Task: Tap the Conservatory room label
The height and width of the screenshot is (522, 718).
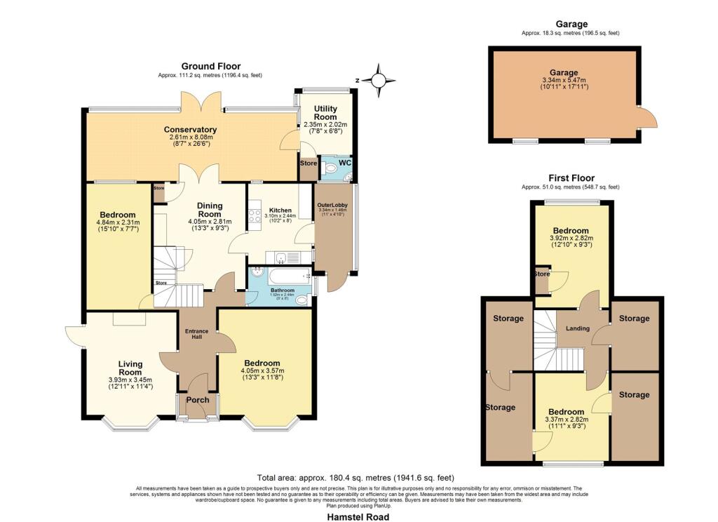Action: coord(190,130)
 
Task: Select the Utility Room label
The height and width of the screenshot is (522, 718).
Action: coord(326,113)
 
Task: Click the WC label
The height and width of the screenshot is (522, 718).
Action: coord(344,163)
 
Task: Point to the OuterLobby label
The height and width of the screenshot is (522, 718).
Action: coord(332,205)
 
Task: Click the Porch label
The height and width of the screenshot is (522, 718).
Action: coord(198,400)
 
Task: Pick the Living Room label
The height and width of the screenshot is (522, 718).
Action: coord(130,368)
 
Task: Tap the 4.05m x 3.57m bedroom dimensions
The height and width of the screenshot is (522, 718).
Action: coord(263,371)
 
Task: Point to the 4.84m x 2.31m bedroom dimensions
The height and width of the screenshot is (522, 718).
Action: coord(118,223)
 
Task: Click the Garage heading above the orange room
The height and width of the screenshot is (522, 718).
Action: coord(570,24)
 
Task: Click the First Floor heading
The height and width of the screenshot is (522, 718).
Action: coord(570,178)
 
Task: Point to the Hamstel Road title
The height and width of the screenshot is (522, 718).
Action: coord(358,516)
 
